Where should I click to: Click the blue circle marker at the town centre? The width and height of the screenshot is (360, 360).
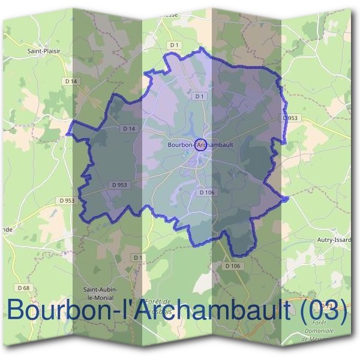(x=201, y=144)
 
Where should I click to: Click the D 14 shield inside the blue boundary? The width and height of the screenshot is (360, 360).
(x=128, y=128)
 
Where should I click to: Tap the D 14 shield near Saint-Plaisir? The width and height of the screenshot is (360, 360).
(x=70, y=80)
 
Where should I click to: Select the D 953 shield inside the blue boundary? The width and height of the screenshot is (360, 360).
(x=119, y=185)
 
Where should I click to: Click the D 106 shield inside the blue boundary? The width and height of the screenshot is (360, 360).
(x=206, y=192)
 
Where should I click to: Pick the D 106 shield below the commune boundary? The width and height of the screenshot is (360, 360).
(x=233, y=265)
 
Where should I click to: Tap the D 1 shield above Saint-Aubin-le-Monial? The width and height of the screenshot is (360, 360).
(x=139, y=257)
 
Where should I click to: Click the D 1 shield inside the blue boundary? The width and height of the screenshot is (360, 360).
(x=200, y=96)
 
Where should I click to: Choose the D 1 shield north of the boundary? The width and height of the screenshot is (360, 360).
(x=175, y=45)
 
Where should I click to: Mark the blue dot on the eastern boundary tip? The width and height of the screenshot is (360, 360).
(x=286, y=199)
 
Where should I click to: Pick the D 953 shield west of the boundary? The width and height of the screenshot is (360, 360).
(x=67, y=200)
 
